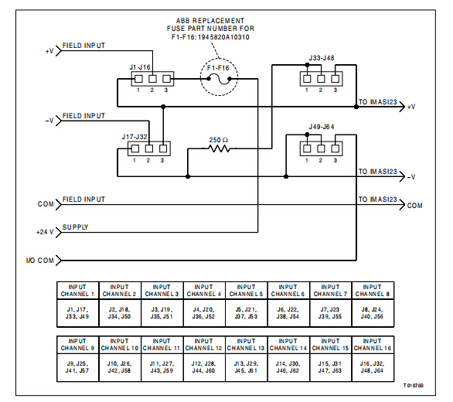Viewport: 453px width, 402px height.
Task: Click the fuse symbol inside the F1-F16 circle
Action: coord(219,79)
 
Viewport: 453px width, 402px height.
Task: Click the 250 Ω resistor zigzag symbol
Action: coord(219,148)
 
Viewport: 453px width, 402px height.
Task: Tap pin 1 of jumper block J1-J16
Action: coord(138,79)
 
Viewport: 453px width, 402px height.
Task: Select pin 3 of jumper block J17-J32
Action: coord(163,148)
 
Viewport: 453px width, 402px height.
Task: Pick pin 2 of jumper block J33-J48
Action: coord(321,79)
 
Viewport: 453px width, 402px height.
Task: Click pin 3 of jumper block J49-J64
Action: coord(335,148)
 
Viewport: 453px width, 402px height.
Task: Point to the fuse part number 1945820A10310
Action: coord(223,37)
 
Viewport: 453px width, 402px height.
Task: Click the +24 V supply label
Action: coord(45,232)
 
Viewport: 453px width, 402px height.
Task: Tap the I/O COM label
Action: coord(40,261)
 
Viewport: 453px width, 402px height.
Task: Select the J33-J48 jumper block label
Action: coord(322,58)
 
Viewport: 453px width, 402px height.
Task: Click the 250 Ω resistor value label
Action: coord(219,140)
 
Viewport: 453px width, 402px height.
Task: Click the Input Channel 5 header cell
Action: coord(246,291)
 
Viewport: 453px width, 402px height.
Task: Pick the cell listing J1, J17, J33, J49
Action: coord(77,313)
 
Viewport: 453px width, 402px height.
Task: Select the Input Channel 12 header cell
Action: coord(203,345)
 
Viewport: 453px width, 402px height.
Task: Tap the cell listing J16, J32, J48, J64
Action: coord(373,367)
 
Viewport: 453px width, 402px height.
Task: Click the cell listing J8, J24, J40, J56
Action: coord(373,313)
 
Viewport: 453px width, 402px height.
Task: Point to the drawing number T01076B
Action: coord(414,386)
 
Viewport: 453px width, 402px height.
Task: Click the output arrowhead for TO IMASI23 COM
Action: coord(403,205)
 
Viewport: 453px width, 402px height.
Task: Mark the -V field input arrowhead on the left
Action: coord(59,121)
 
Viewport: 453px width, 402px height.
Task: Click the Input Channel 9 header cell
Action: coord(77,345)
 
